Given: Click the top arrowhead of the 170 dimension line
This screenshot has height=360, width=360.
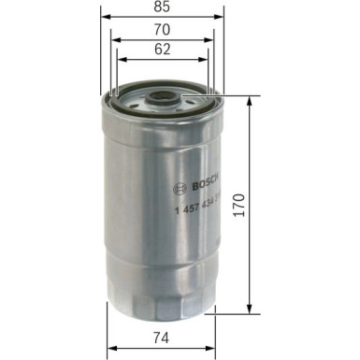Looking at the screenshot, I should tap(249, 100).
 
